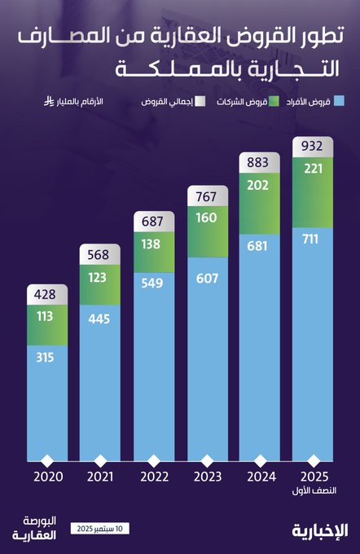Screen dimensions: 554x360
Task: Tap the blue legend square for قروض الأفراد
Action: click(340, 103)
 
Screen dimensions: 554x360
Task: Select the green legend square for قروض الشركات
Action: click(274, 103)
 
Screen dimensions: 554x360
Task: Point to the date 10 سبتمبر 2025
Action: click(99, 530)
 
